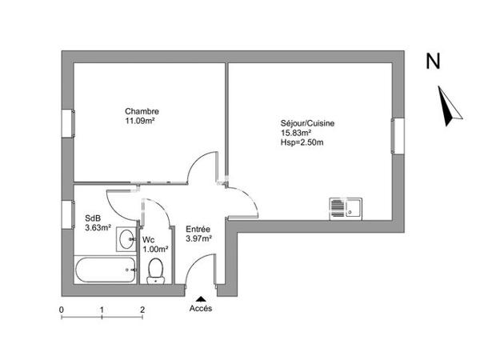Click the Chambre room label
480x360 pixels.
(x=141, y=111)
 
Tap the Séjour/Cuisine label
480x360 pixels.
(x=308, y=122)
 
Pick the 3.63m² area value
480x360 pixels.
(x=98, y=227)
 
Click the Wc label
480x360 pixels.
(x=149, y=240)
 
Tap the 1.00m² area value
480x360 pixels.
(x=155, y=250)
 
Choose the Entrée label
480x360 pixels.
(x=198, y=229)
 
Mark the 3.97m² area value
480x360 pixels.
(x=198, y=238)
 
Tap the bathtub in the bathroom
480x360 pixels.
(x=104, y=271)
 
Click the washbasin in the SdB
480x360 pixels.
(x=126, y=238)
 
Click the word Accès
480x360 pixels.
(x=201, y=308)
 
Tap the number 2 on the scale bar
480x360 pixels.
(x=142, y=309)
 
